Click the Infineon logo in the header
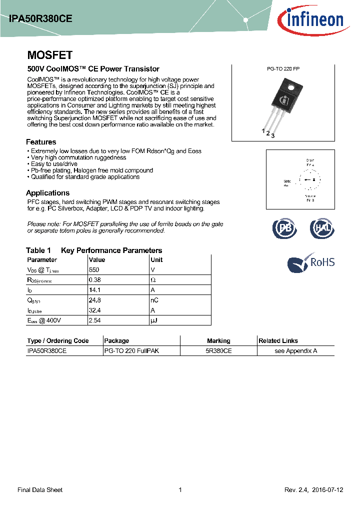pos(314,20)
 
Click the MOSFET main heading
pos(49,55)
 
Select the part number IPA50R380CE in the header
pos(40,18)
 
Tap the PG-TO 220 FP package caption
pos(283,69)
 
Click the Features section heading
pos(41,142)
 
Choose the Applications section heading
pos(47,193)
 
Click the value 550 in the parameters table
pos(94,269)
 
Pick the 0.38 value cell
pos(94,280)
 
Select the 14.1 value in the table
pos(94,290)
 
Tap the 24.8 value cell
pos(94,300)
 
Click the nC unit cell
pos(154,300)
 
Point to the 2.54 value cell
pos(95,320)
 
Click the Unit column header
pos(156,259)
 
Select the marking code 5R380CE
pos(218,351)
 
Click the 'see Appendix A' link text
pos(296,351)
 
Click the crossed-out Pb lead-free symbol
pos(284,228)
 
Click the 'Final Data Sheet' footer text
pos(40,490)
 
